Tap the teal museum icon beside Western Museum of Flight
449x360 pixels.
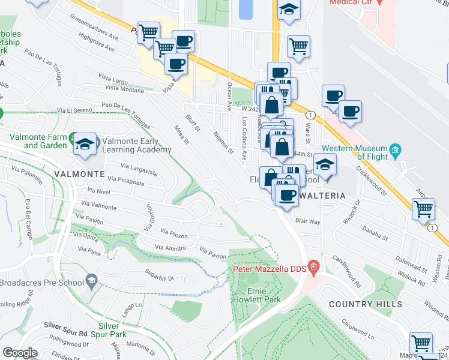point(395,149)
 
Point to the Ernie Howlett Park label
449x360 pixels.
point(265,295)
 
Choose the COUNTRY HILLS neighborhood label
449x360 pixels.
point(366,304)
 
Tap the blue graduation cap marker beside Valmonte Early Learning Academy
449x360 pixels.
point(86,144)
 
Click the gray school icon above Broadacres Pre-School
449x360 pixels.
point(91,280)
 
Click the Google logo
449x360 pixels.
point(19,353)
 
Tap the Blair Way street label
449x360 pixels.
point(307,221)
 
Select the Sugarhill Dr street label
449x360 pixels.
point(154,278)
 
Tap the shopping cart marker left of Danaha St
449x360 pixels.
point(424,209)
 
